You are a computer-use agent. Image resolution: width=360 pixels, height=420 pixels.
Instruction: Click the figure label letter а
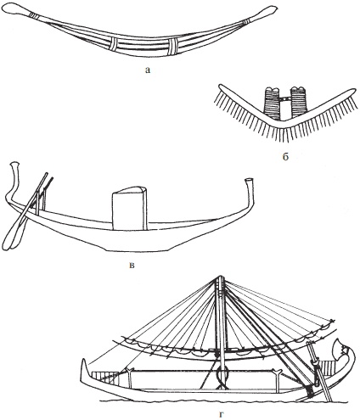[x=147, y=70]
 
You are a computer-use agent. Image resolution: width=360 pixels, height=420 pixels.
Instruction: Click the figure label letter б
[x=285, y=156]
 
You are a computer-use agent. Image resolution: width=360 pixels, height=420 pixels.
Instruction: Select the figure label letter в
[x=132, y=266]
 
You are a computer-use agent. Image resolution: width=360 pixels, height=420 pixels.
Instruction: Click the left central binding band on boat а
[x=113, y=45]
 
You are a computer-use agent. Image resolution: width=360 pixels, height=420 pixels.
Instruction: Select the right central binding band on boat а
[x=173, y=47]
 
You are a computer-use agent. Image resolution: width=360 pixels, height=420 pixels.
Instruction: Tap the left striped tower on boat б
[x=271, y=103]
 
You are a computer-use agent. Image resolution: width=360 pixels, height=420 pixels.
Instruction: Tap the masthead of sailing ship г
[x=220, y=279]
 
